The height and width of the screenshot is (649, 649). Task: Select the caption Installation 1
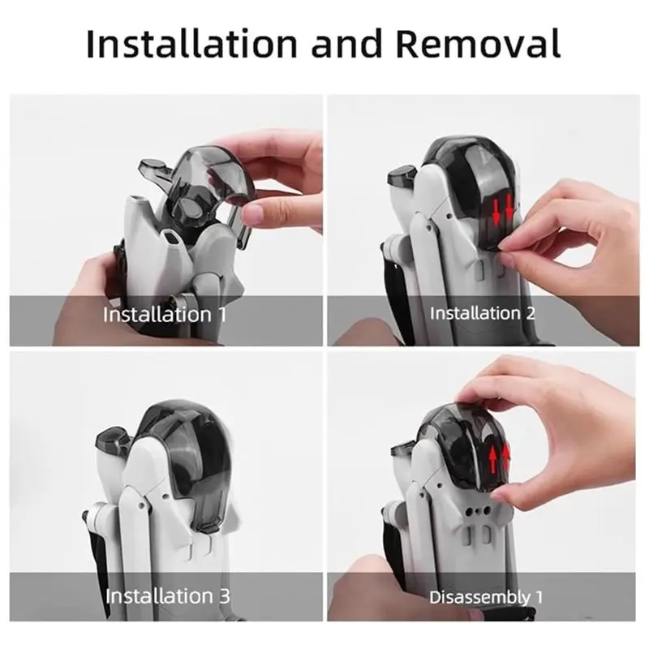point(165,314)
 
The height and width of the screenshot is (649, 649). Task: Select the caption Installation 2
point(482,313)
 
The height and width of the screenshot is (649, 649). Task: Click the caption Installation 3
point(168,596)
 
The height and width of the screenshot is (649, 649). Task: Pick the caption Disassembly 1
point(486,597)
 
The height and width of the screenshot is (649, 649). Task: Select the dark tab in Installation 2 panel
point(403,175)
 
